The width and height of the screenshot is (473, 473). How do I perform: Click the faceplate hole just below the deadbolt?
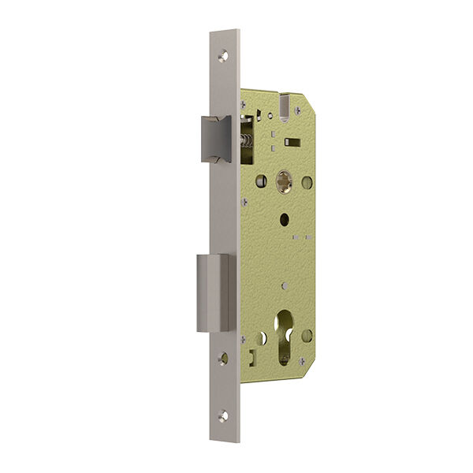point(224,358)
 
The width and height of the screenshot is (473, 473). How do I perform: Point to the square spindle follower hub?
point(282,182)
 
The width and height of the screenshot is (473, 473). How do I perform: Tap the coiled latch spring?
point(245,143)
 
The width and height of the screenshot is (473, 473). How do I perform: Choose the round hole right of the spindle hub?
point(307,182)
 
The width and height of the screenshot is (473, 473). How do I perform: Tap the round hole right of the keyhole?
point(307,335)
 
